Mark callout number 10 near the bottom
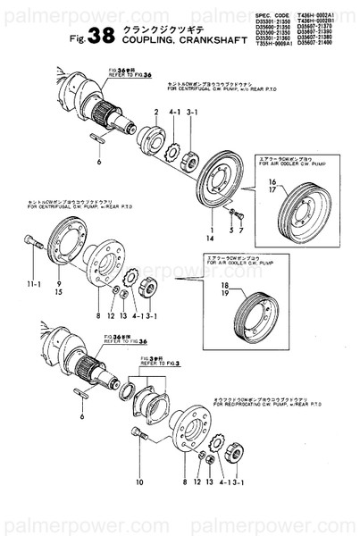(x=139, y=482)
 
